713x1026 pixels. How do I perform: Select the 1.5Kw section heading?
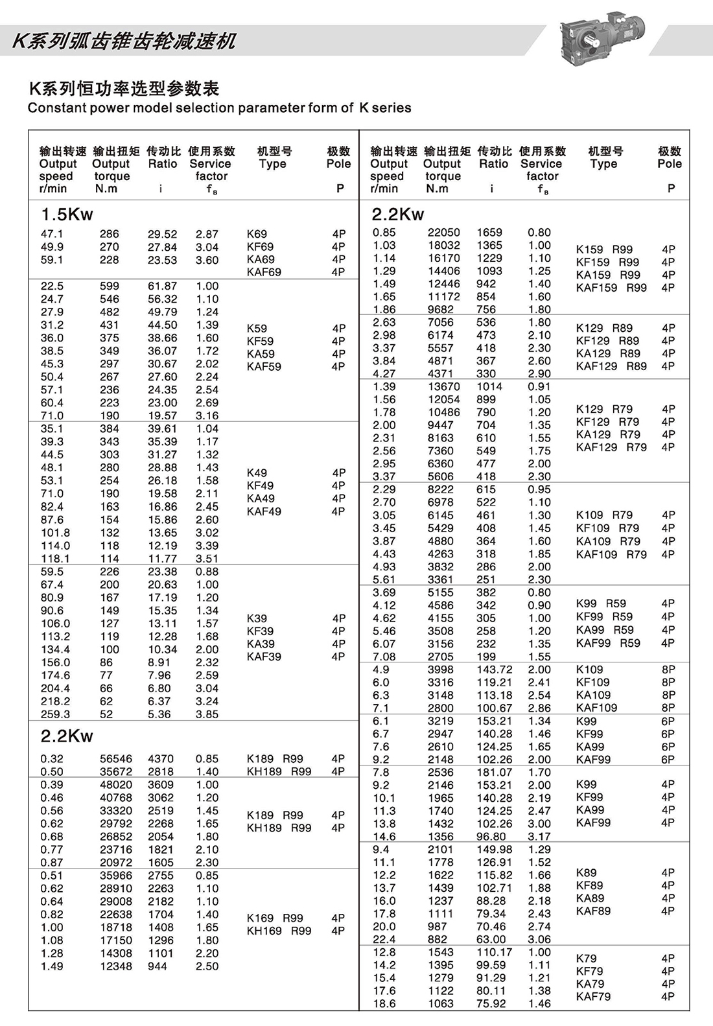67,215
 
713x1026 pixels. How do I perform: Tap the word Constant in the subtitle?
51,108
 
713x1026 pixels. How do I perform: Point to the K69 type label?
257,234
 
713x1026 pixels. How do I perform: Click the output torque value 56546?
116,758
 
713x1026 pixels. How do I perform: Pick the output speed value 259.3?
55,714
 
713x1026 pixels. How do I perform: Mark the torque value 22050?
443,232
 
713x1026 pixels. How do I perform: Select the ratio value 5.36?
159,714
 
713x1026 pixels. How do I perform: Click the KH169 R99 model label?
279,931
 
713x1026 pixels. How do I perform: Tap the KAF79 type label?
593,997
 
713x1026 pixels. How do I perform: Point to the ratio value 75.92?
491,1003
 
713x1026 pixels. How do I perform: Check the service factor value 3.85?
207,714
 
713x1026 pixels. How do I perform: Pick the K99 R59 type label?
601,603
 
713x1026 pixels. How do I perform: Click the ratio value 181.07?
495,772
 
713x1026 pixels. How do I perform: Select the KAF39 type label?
264,657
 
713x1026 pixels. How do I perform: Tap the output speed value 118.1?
55,559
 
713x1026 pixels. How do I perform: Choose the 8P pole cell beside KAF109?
668,708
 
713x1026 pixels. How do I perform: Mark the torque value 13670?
443,386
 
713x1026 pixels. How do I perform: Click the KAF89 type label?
593,911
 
